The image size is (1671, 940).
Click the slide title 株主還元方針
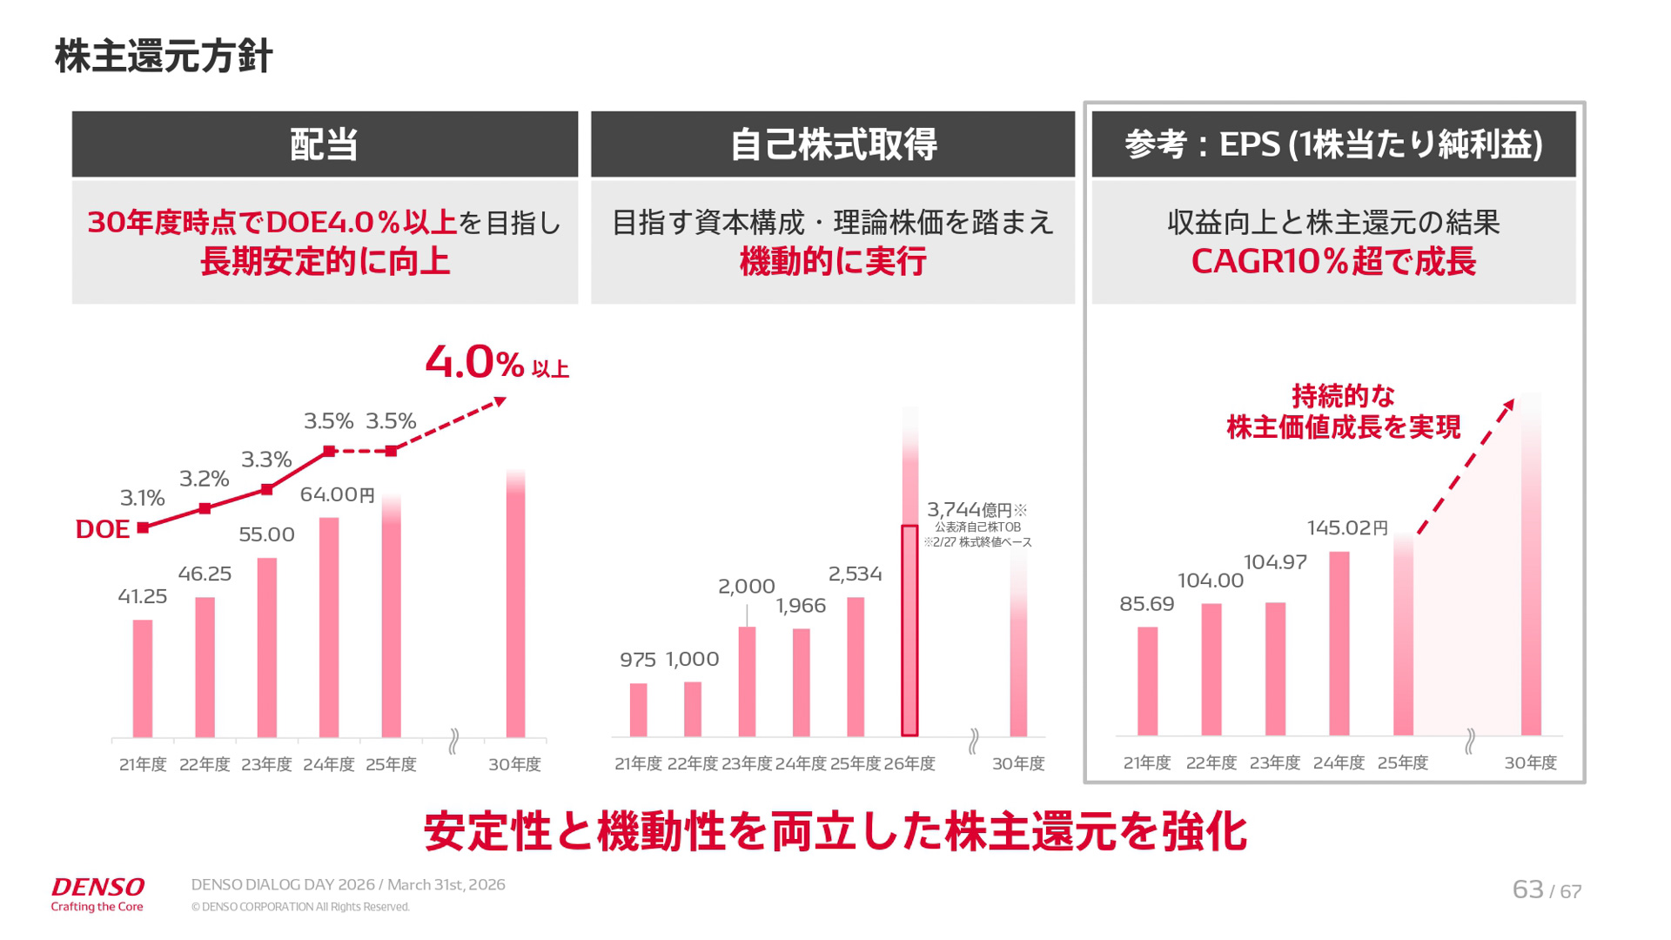[x=164, y=56]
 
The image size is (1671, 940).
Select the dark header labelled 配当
[x=325, y=144]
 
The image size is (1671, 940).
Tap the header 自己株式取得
[x=833, y=144]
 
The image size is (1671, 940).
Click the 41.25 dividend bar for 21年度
[x=143, y=678]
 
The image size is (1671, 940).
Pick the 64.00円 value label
[x=338, y=495]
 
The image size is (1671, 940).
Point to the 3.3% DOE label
[x=266, y=460]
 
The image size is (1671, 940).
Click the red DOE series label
[x=103, y=529]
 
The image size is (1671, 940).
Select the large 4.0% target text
[x=475, y=362]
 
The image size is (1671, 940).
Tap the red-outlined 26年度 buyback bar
[x=909, y=631]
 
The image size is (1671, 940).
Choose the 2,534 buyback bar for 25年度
[x=856, y=666]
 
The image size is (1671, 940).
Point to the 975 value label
[x=638, y=661]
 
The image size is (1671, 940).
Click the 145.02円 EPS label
[x=1347, y=528]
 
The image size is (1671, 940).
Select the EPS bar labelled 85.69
[x=1147, y=681]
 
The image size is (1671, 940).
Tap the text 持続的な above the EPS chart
[x=1343, y=397]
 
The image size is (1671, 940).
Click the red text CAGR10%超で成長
[x=1333, y=262]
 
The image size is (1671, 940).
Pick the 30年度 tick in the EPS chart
[x=1530, y=763]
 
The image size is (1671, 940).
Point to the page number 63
[x=1527, y=890]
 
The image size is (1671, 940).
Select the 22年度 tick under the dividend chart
[x=205, y=764]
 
